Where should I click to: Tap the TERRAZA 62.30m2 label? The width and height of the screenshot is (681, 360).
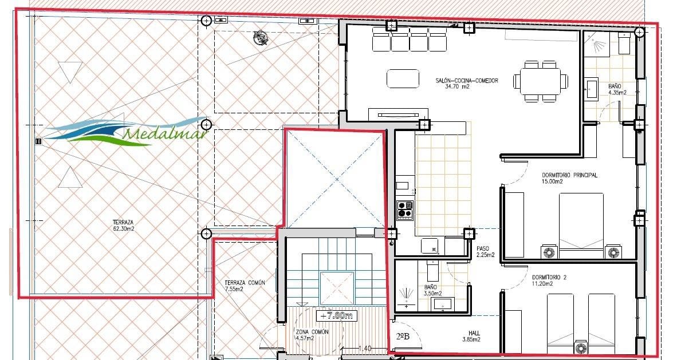[123, 226]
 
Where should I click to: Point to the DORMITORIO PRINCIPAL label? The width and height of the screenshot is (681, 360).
[569, 178]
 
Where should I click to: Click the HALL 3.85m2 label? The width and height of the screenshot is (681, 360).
[471, 335]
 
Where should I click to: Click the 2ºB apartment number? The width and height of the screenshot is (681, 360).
[403, 336]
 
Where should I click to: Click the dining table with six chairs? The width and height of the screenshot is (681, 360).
[541, 81]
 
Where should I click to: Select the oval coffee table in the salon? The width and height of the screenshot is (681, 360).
[403, 78]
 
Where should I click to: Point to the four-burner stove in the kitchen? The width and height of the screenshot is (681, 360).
[406, 209]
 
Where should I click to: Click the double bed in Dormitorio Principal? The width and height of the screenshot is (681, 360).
[581, 224]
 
